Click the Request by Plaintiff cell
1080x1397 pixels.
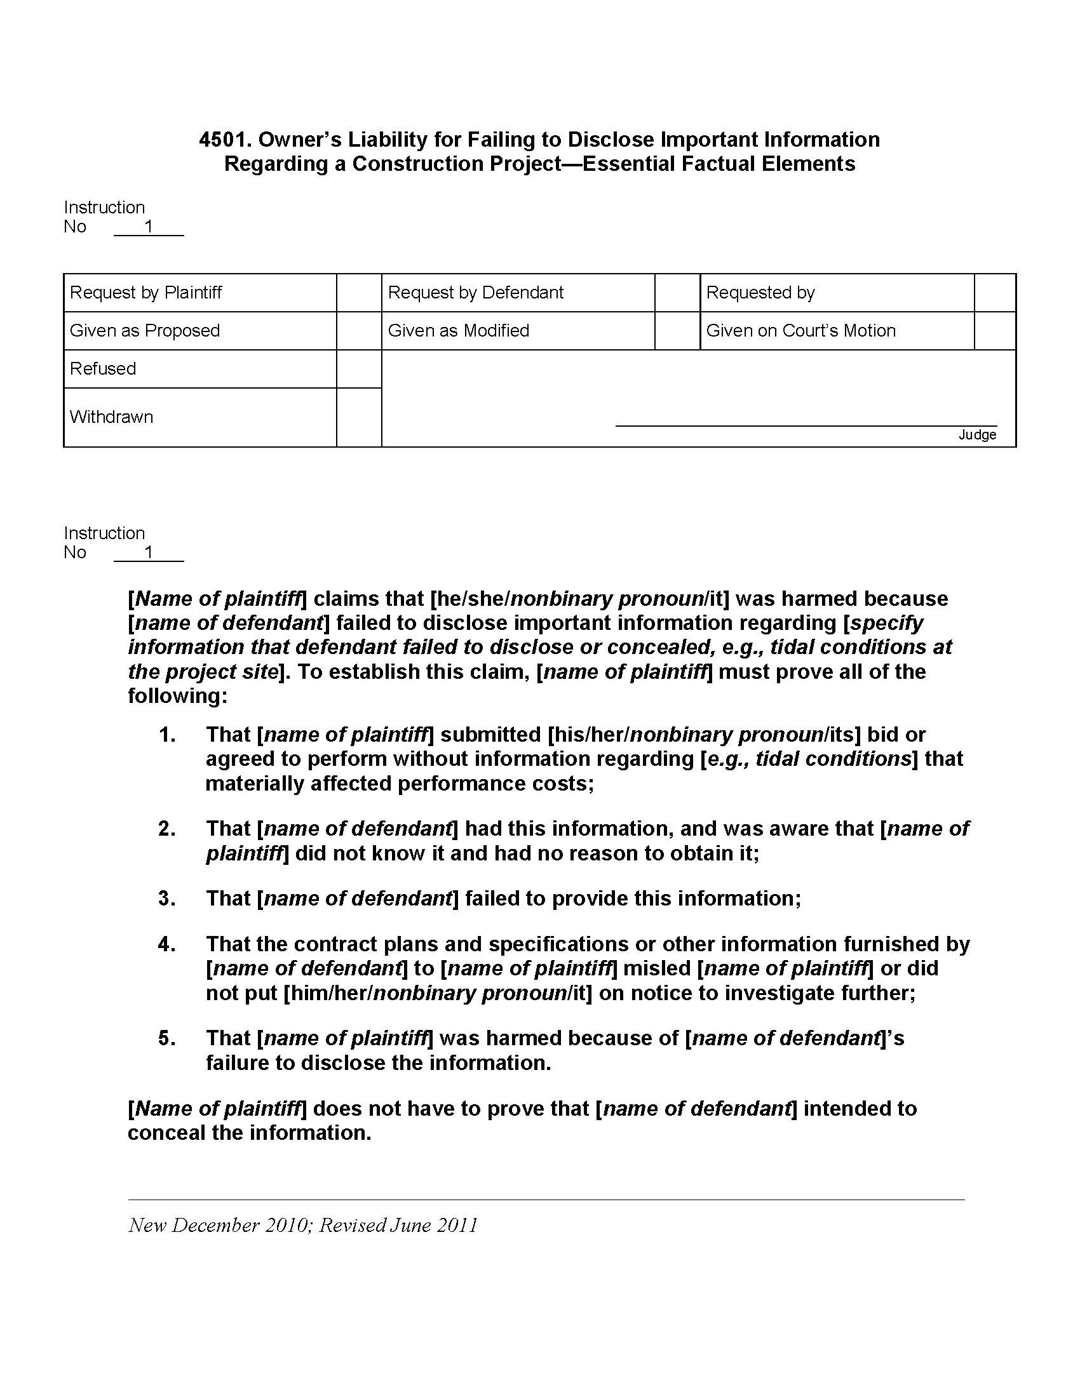(x=146, y=293)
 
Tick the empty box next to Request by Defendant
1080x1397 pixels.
(x=677, y=293)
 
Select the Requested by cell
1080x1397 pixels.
(x=760, y=293)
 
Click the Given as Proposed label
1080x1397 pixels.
(x=145, y=331)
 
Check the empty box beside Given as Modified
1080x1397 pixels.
(x=677, y=331)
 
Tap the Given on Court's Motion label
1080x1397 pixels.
(x=800, y=331)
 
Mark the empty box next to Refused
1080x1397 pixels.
(x=359, y=369)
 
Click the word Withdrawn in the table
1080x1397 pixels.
(x=111, y=417)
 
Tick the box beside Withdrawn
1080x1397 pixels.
(x=359, y=417)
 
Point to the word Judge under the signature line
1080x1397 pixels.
(x=977, y=435)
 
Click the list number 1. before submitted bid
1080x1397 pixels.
(x=167, y=735)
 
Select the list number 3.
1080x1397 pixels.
(x=167, y=899)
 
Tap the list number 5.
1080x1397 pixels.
(x=167, y=1038)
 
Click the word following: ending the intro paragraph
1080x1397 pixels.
(x=178, y=696)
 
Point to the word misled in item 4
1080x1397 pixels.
(x=658, y=968)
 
